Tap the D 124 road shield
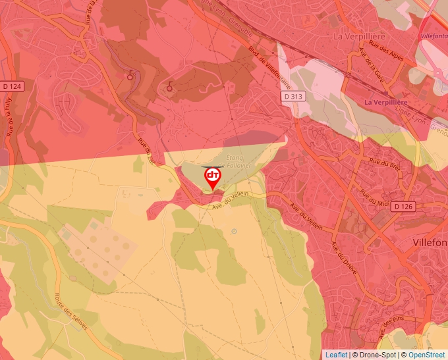point(13,86)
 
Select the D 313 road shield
point(294,97)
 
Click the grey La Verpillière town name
point(359,36)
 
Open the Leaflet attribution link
point(335,355)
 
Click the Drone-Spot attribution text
point(375,355)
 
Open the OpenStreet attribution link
point(428,355)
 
